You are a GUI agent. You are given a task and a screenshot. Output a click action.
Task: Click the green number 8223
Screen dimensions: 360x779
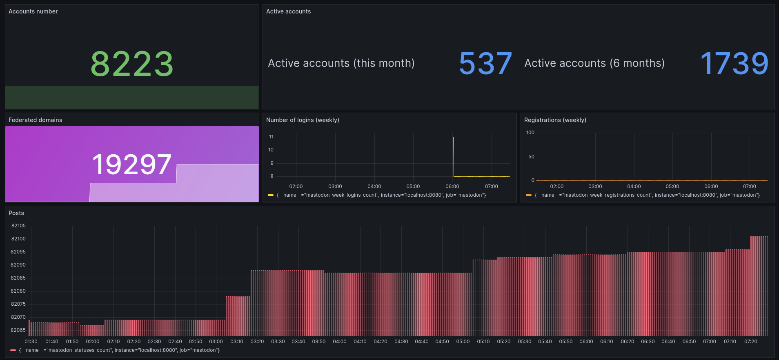point(132,64)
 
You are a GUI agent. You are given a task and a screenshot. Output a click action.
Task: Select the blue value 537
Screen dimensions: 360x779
point(485,64)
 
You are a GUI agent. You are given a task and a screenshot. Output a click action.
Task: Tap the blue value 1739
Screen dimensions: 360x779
point(734,64)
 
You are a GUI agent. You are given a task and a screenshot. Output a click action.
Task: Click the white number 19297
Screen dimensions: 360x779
point(132,164)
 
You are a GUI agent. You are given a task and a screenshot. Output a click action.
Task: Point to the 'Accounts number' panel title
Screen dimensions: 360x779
point(33,11)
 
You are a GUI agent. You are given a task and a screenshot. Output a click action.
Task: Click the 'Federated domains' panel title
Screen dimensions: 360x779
point(35,120)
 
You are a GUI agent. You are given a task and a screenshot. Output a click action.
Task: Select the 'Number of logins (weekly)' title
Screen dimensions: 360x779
point(303,120)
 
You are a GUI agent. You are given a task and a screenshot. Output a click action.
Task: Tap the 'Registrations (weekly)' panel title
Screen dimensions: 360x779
point(555,120)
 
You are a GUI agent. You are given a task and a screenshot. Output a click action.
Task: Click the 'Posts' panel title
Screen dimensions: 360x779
point(16,213)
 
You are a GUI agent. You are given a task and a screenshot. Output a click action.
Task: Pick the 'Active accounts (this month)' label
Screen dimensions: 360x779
point(341,63)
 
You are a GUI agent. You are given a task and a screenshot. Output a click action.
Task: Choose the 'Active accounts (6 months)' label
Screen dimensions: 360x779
point(594,63)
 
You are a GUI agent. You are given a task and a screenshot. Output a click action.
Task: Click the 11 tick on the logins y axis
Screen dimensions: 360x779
point(271,137)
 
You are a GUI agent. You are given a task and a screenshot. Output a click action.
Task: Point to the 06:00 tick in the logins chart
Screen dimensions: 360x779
point(452,187)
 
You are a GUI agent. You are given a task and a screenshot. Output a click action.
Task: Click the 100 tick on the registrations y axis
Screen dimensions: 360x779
point(530,133)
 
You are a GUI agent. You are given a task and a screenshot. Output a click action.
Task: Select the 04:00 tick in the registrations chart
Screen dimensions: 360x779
point(634,187)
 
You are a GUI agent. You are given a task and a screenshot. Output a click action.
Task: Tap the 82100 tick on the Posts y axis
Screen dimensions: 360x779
point(18,239)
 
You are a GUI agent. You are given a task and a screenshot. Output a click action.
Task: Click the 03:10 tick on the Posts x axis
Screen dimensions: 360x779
point(237,342)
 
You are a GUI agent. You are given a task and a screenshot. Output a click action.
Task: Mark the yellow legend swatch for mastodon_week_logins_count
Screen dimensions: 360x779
point(270,195)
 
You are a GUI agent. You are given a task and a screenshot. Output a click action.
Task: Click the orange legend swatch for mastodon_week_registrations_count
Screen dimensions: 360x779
point(529,195)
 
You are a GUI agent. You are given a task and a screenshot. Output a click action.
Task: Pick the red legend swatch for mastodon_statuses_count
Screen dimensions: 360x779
point(13,350)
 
